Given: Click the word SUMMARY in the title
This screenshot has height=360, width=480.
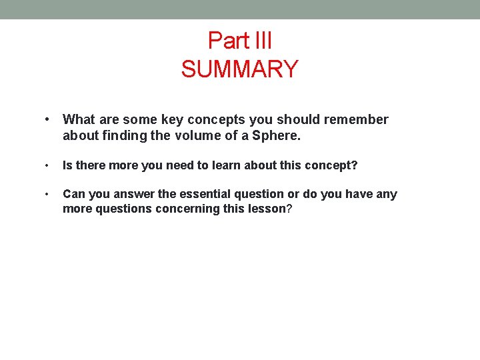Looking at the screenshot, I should click(x=239, y=69).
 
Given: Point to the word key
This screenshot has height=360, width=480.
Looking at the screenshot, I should click(x=172, y=120).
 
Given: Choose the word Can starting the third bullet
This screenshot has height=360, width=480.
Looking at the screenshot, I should click(x=74, y=195).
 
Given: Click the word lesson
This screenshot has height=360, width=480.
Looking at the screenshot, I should click(x=268, y=209).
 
